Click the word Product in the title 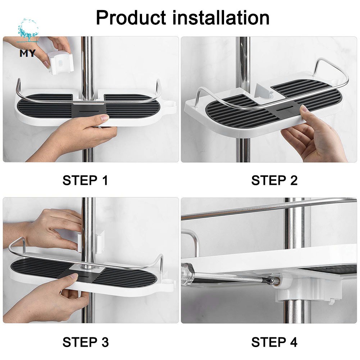131,18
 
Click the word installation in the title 220,18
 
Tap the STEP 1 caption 85,180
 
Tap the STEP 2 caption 274,180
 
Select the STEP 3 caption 85,342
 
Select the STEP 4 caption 274,342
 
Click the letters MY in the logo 28,53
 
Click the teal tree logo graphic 28,31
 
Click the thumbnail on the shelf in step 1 105,118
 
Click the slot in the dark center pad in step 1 88,110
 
